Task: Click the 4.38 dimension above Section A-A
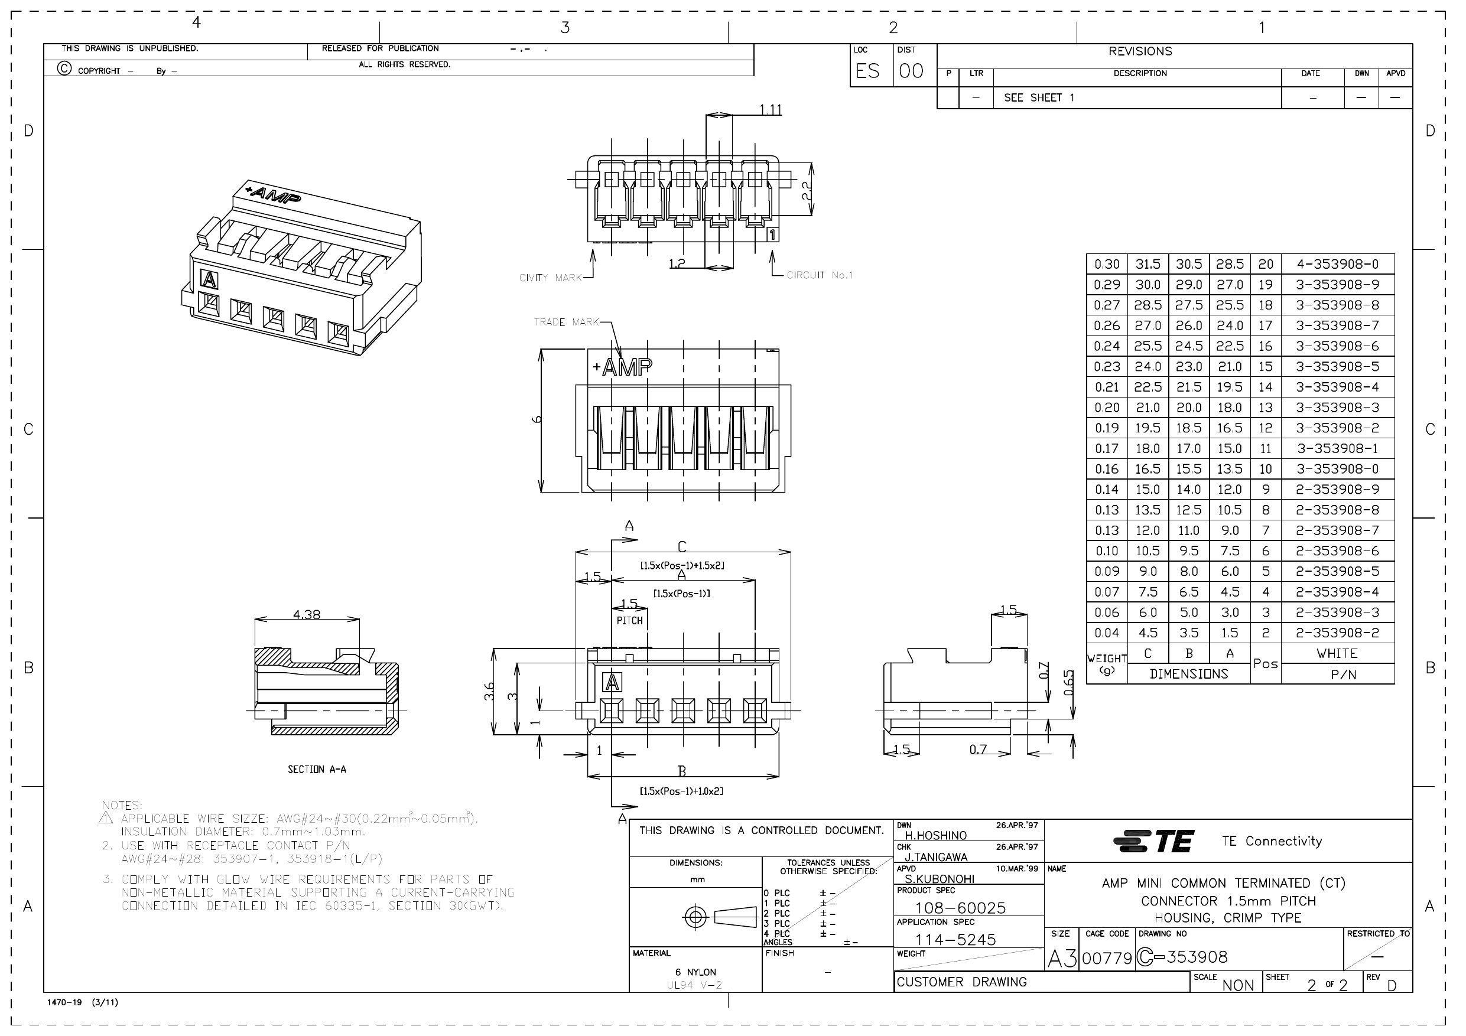tap(307, 615)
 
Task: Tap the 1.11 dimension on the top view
tap(771, 110)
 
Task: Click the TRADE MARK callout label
tap(566, 322)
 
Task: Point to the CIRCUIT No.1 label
tap(819, 275)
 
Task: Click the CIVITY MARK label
tap(550, 278)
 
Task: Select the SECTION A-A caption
tap(317, 770)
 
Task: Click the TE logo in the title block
tap(1153, 841)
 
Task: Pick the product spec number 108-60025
tap(960, 908)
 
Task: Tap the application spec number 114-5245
tap(955, 940)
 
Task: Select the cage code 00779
tap(1107, 958)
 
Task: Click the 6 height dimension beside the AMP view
tap(538, 419)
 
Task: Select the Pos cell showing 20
tap(1266, 264)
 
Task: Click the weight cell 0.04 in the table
tap(1107, 633)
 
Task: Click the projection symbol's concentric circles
tap(695, 918)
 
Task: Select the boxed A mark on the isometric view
tap(209, 279)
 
